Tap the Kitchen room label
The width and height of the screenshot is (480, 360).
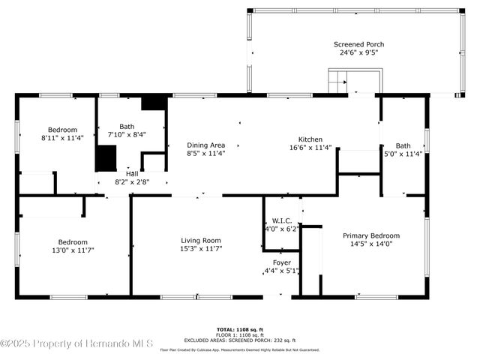click(310, 139)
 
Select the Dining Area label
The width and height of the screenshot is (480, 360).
click(205, 145)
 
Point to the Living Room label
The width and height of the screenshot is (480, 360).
click(201, 240)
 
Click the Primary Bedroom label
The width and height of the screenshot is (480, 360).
click(371, 235)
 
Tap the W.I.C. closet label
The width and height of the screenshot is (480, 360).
click(281, 220)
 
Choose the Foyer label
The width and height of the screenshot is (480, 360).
click(281, 262)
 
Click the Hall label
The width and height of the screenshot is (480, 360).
click(131, 173)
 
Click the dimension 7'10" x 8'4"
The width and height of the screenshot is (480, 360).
click(127, 135)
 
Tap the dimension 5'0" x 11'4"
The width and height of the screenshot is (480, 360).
click(403, 154)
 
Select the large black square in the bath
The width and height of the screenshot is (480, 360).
click(106, 158)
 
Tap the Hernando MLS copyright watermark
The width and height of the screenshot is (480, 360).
click(76, 343)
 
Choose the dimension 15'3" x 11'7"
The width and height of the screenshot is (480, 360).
click(201, 249)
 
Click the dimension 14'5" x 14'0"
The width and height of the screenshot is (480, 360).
click(371, 244)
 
